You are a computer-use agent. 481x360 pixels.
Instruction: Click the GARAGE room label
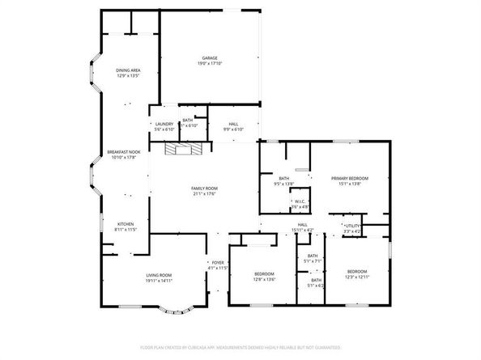coord(209,58)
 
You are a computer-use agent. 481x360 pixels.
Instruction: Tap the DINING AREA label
coord(128,70)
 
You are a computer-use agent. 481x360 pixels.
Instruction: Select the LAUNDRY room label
coord(164,124)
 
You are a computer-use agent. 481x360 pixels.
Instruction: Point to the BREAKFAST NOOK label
coord(124,152)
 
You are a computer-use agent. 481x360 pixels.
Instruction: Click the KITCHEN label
coord(126,224)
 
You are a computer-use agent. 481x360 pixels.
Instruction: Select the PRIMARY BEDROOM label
coord(349,178)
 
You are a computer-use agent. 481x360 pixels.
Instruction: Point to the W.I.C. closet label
coord(299,201)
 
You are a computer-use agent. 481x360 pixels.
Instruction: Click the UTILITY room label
coord(351,227)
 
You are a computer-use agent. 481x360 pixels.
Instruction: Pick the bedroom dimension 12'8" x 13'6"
coord(264,278)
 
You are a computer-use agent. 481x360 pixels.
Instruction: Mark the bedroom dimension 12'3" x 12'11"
coord(357,277)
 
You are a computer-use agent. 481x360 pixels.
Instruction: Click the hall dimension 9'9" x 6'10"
coord(233,129)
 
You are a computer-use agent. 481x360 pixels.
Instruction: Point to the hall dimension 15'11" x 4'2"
coord(302,231)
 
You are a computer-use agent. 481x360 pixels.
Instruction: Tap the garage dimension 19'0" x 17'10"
coord(209,63)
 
